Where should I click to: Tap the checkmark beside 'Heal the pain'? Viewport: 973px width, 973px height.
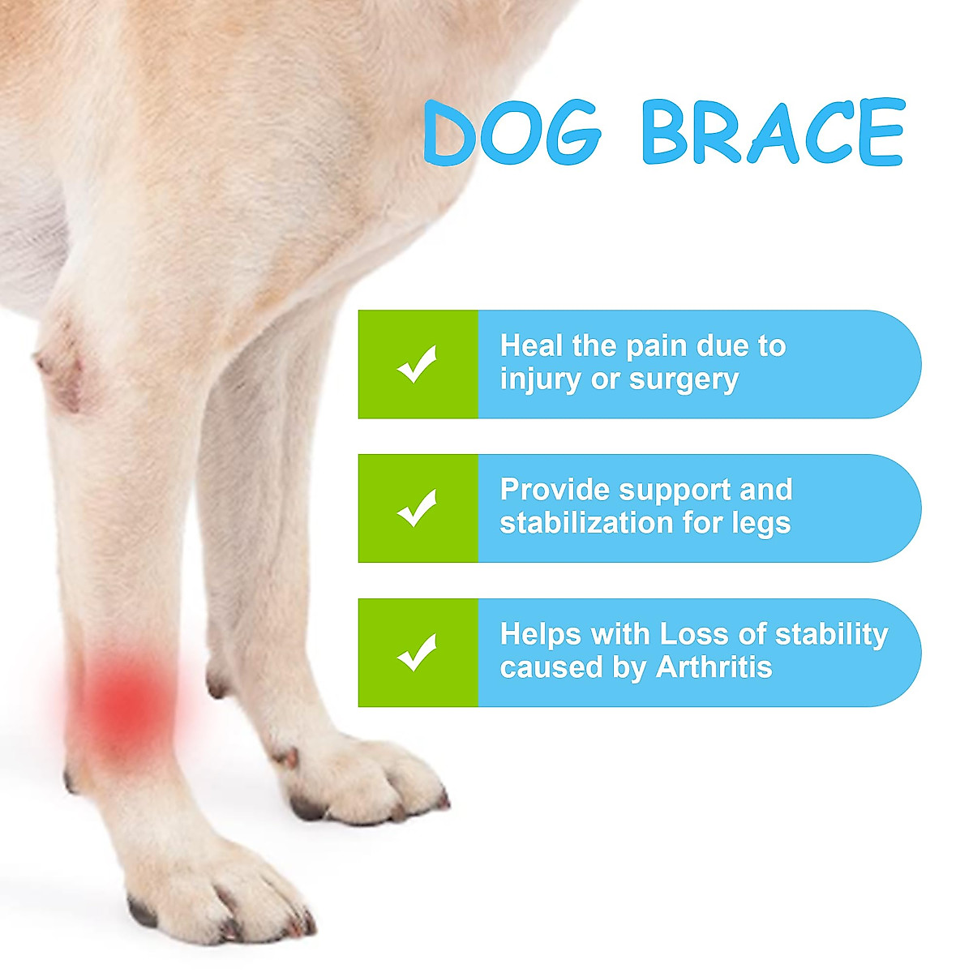pos(417,364)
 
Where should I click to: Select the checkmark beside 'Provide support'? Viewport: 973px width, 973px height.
pos(417,508)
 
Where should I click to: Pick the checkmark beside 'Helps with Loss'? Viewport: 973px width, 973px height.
pos(417,653)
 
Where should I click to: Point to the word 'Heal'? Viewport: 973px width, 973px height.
pos(531,346)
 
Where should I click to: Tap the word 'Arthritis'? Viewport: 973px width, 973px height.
pos(714,667)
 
